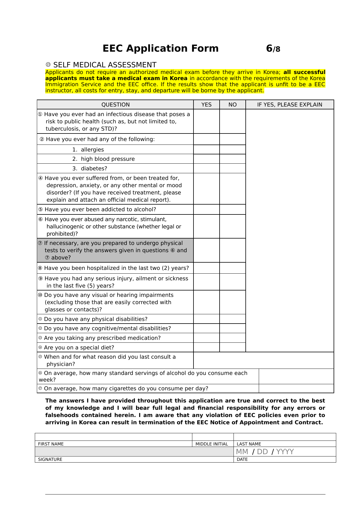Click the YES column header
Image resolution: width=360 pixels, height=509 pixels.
pos(206,105)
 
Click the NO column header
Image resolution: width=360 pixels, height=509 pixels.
pos(232,105)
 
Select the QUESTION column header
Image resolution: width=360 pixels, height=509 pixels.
pos(115,105)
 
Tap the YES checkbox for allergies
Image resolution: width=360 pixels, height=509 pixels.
pos(206,150)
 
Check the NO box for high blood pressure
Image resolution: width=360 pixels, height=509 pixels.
pos(232,159)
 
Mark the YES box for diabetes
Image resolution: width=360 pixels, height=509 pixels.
pos(206,169)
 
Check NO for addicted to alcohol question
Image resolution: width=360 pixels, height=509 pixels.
pos(232,210)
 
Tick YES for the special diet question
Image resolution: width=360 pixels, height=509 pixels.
pos(206,347)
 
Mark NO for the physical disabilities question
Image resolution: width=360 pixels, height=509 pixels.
pos(232,319)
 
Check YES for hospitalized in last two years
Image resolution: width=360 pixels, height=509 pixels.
pos(206,268)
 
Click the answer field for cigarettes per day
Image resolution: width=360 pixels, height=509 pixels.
pos(296,389)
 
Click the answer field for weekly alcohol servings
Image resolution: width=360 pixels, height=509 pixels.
pos(296,376)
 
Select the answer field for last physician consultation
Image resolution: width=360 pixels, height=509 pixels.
pos(263,360)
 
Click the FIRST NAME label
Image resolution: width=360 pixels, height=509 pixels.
pos(51,444)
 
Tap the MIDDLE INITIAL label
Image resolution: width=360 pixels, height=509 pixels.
pos(211,444)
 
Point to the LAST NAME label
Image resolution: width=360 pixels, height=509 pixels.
pos(249,444)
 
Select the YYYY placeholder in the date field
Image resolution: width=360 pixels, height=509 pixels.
pos(285,452)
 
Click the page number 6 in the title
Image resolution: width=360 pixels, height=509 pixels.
pos(269,48)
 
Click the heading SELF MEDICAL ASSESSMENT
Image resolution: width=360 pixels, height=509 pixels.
pos(105,65)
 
